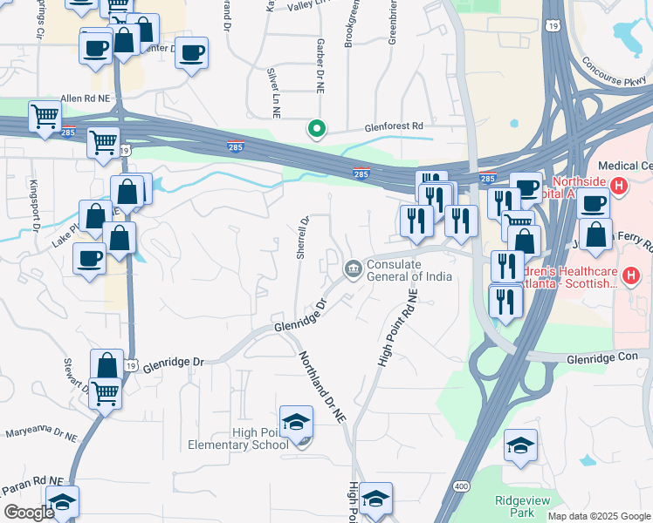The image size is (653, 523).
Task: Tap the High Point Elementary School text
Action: [237, 438]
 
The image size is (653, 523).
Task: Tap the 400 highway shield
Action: [459, 486]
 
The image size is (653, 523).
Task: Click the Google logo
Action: [29, 513]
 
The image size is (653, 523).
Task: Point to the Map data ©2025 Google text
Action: [598, 516]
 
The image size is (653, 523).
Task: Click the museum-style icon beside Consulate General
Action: [353, 268]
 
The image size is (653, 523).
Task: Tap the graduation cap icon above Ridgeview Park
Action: [520, 446]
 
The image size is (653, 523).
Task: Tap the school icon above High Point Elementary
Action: [296, 423]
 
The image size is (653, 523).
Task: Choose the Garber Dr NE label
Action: [321, 66]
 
